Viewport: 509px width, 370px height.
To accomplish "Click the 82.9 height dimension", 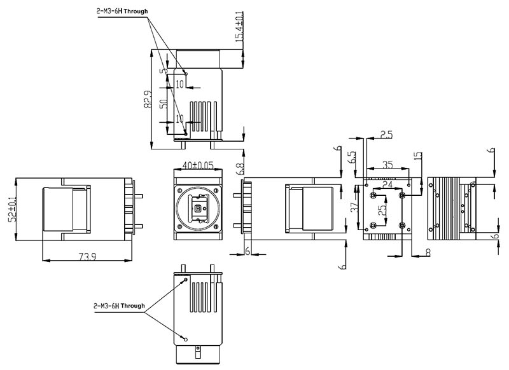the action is pyautogui.click(x=148, y=99).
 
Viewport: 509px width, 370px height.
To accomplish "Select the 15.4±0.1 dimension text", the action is pyautogui.click(x=239, y=26).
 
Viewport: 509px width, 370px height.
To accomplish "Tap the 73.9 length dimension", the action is pyautogui.click(x=88, y=256).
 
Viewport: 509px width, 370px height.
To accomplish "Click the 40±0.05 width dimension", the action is pyautogui.click(x=198, y=165).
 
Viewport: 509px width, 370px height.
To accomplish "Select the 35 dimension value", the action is pyautogui.click(x=387, y=165).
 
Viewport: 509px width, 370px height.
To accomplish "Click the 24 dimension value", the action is pyautogui.click(x=387, y=185).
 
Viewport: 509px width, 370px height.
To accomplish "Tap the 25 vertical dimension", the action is pyautogui.click(x=382, y=210).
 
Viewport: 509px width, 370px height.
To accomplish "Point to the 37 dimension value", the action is pyautogui.click(x=355, y=207).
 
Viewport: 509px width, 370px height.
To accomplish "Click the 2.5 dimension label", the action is pyautogui.click(x=386, y=134).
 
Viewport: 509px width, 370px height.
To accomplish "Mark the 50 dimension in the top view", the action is pyautogui.click(x=164, y=104).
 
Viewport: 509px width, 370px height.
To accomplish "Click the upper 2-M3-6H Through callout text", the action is pyautogui.click(x=122, y=11).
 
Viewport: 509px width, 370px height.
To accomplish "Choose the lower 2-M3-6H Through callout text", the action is pyautogui.click(x=119, y=305).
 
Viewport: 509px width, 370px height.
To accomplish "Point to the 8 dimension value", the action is pyautogui.click(x=428, y=252).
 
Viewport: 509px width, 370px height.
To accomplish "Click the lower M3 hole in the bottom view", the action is pyautogui.click(x=186, y=339).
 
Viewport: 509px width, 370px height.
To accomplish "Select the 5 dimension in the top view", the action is pyautogui.click(x=165, y=71).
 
